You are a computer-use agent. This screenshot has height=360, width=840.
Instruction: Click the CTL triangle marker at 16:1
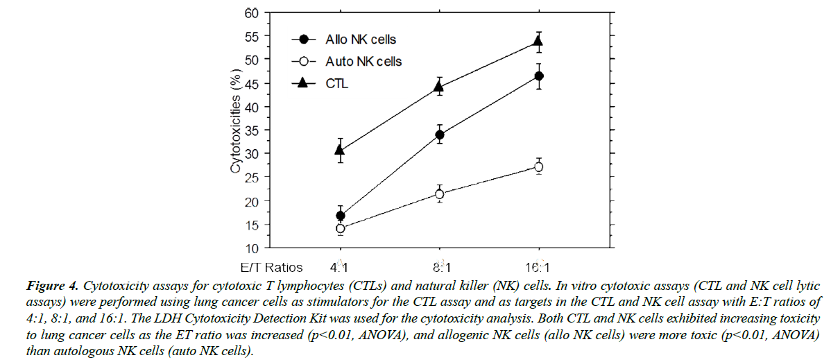[x=538, y=42]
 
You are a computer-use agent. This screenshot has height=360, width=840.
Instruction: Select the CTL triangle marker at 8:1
[x=439, y=87]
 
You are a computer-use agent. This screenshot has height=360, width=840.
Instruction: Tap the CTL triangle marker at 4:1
[x=340, y=149]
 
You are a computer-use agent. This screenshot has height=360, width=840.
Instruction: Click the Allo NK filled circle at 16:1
[x=538, y=76]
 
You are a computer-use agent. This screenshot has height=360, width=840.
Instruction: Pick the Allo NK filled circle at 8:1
[x=439, y=135]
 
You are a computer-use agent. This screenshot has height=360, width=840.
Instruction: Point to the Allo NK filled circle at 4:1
[x=340, y=216]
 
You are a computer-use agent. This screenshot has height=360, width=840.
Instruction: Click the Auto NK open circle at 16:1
[x=538, y=166]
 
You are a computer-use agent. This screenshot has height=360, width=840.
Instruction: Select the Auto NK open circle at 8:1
[x=439, y=194]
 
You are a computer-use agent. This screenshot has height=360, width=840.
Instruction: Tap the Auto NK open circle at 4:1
[x=340, y=228]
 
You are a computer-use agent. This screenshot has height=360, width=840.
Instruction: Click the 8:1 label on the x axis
[x=439, y=267]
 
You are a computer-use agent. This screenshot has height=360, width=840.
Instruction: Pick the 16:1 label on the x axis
[x=538, y=267]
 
